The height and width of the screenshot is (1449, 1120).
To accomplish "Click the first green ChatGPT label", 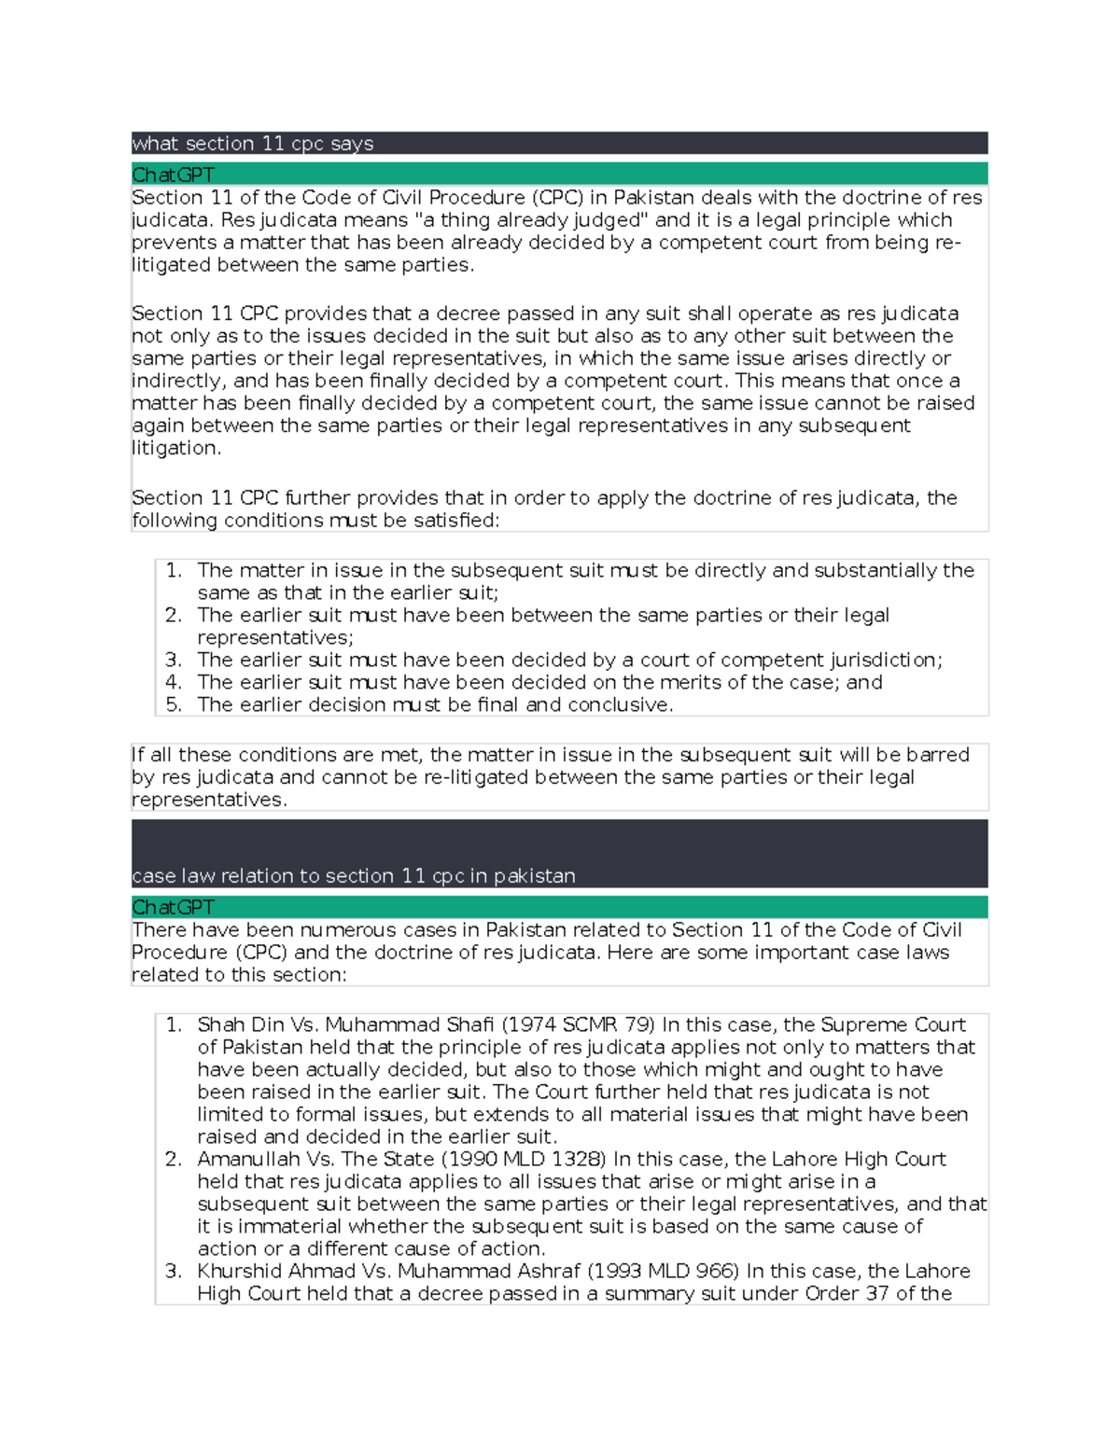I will point(174,175).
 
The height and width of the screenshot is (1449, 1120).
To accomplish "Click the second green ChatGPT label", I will point(174,908).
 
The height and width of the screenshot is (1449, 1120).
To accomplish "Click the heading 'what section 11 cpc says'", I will point(253,144).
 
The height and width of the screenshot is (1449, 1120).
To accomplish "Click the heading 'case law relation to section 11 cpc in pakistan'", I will point(354,876).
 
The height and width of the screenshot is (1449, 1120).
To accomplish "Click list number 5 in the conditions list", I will point(174,705).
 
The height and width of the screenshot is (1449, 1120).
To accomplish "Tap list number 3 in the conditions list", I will point(174,661).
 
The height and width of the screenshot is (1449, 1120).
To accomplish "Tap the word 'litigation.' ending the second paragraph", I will point(176,449).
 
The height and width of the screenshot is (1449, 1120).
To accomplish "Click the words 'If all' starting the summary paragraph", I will point(152,755).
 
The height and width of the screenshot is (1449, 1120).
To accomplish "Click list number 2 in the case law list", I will point(174,1160).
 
